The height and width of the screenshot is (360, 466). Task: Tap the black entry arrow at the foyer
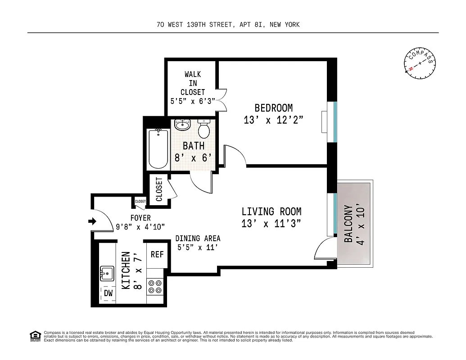coord(92,221)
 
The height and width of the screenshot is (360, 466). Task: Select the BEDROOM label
coord(273,108)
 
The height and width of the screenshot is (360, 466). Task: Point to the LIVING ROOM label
coord(271,211)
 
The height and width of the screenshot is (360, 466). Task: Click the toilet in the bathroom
coord(204,130)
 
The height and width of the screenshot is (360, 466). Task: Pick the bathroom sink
coord(182,124)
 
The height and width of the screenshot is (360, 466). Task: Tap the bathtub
coord(158,149)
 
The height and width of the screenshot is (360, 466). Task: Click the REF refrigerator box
coord(157,255)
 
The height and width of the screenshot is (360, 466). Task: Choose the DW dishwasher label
coord(108,293)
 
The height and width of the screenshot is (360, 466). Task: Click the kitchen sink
coord(107,273)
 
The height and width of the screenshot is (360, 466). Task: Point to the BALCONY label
coord(349,224)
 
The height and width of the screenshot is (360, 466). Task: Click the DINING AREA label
coord(198,238)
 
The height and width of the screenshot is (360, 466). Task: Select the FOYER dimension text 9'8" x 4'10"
coord(140,227)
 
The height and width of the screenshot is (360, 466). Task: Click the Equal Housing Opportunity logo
coord(34,336)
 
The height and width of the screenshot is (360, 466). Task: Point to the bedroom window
coord(335,121)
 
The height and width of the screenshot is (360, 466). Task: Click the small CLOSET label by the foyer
coord(140,202)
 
